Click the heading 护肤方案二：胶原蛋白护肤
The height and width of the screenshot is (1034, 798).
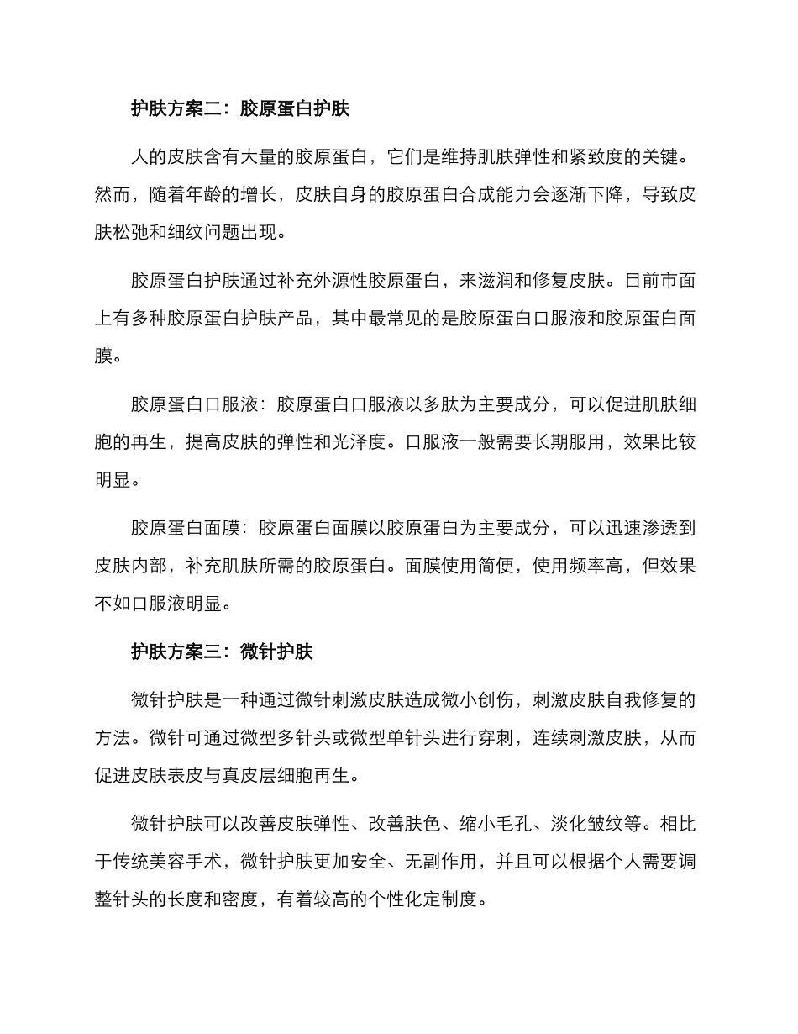click(x=240, y=108)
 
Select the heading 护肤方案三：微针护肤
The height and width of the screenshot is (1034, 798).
click(x=222, y=652)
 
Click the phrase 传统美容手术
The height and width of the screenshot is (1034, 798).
click(x=167, y=863)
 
